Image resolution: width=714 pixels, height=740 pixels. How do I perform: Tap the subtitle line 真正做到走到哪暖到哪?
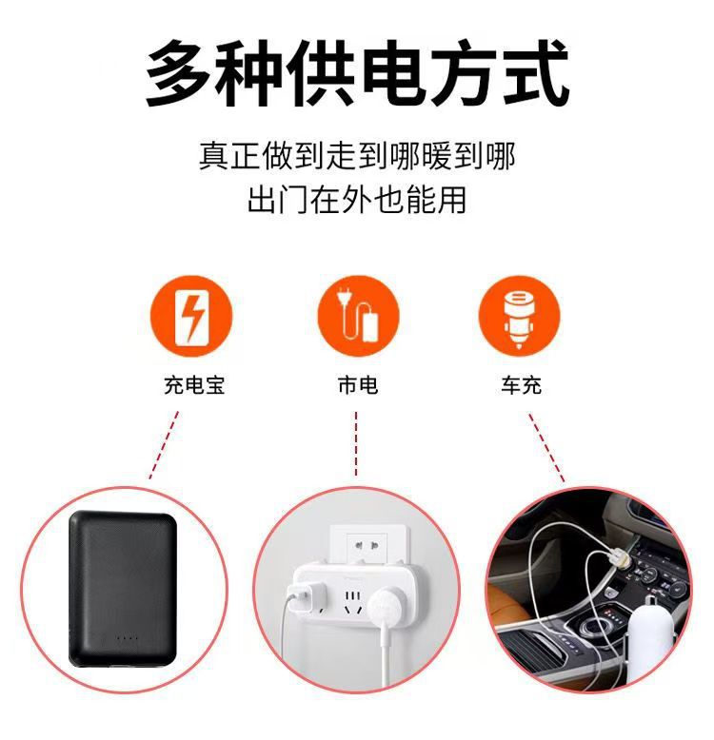357,156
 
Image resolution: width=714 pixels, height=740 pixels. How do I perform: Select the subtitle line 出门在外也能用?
357,201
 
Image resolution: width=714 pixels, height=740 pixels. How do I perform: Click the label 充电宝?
193,385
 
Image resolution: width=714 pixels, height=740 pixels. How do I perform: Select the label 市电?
357,385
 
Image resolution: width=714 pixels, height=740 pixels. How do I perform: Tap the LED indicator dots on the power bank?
128,638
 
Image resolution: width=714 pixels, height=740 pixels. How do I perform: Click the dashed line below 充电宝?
164,445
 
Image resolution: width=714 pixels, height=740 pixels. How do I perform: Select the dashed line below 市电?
356,443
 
